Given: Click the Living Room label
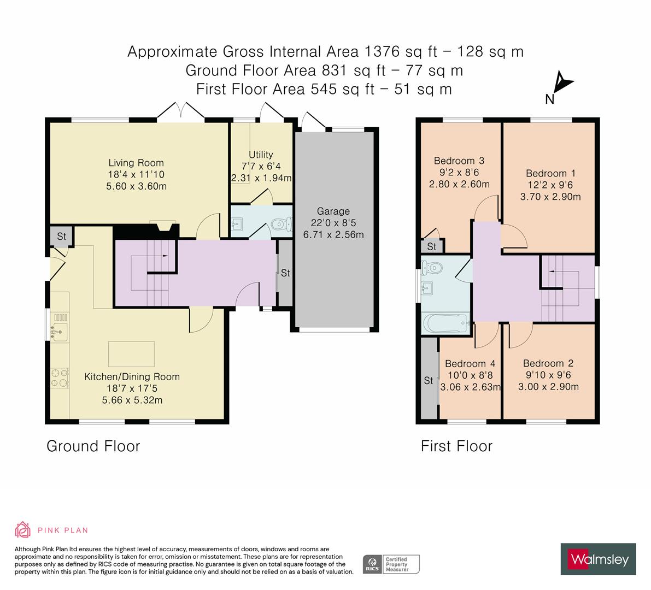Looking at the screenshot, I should coord(136,163).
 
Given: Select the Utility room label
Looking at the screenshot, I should coord(261,155).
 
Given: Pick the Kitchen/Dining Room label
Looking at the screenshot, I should coord(132,376).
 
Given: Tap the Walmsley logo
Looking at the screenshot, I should coord(598,559).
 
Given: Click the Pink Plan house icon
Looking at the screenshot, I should coord(23,530).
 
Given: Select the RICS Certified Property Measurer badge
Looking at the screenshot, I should coord(391,564).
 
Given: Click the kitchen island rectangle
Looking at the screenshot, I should coord(131,353).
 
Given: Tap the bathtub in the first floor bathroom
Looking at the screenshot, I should coord(445,323).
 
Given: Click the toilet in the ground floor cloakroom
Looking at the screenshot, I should coord(280,224).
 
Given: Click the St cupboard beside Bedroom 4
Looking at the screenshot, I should coord(428,381).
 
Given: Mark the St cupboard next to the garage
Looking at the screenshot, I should coord(285,274).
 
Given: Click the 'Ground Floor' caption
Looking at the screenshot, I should coord(93,446).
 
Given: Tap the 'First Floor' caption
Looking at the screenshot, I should coord(456,446).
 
